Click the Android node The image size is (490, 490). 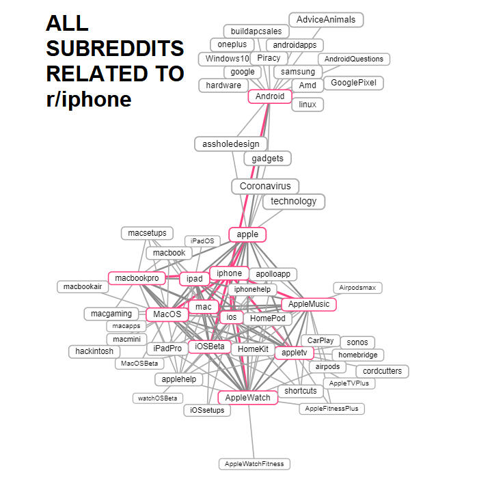(270, 96)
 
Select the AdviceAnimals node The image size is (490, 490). (326, 20)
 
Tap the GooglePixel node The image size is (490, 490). (353, 83)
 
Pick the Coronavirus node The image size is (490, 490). (265, 186)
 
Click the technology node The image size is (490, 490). (294, 201)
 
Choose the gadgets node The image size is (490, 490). (268, 159)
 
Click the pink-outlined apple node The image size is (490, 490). (247, 234)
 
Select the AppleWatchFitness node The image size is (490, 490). (254, 464)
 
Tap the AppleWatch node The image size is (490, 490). (247, 398)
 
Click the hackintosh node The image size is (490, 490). (94, 351)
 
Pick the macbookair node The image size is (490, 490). (83, 286)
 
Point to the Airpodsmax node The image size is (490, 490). (357, 288)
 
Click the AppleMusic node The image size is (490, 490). (309, 304)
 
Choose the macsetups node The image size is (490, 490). (148, 233)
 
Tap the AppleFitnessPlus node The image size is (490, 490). (331, 409)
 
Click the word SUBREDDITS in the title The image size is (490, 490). (115, 49)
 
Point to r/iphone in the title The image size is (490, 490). (89, 99)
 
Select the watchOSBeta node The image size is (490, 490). (158, 398)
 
